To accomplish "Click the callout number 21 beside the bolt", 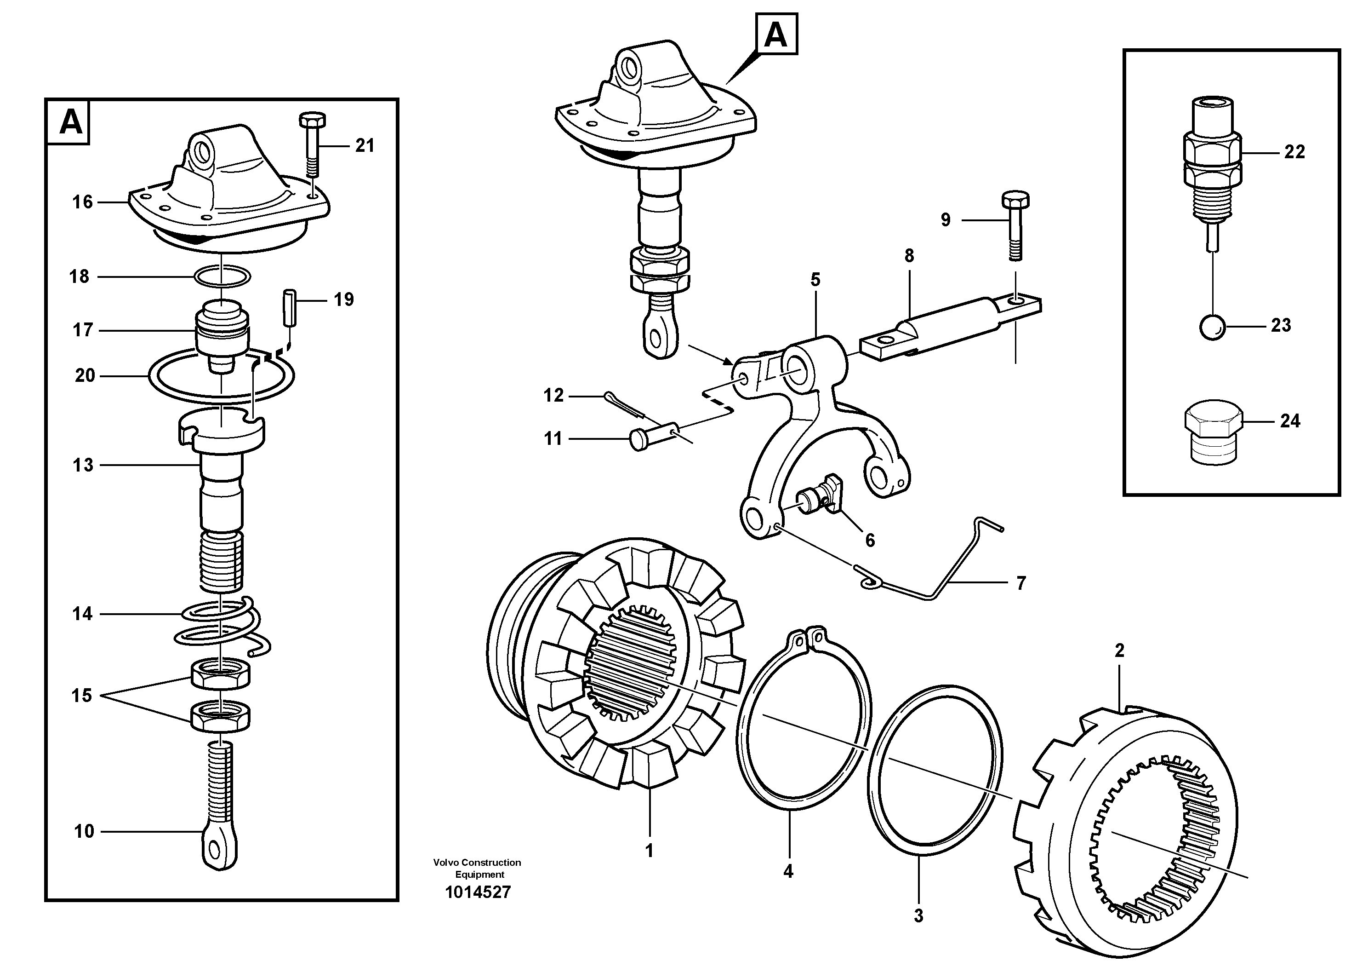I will pos(365,145).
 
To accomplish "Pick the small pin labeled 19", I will pos(289,308).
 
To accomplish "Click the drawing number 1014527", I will pos(478,892).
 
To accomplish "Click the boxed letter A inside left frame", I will pos(71,123).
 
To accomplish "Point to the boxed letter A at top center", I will pos(776,35).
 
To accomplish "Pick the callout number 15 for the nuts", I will pos(82,695).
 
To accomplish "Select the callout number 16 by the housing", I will pos(82,202).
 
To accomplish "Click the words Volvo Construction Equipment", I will pos(477,868).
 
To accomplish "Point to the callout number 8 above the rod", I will pos(909,256).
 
